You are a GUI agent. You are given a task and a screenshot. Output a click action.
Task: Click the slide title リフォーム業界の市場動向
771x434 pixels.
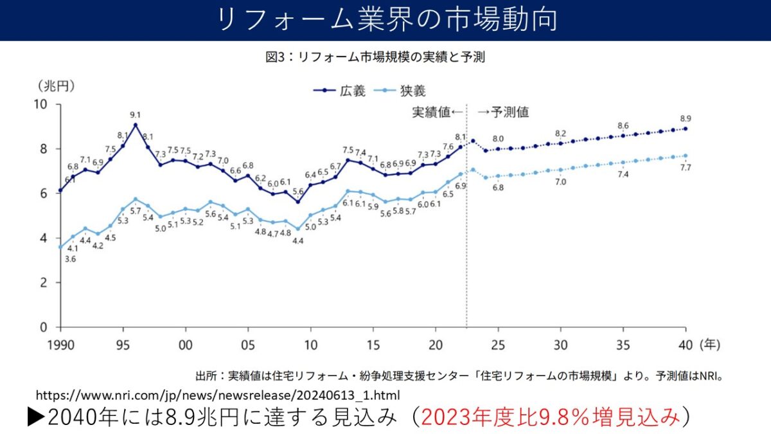(x=386, y=20)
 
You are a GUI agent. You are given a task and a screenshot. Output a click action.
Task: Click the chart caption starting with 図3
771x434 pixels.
(x=375, y=58)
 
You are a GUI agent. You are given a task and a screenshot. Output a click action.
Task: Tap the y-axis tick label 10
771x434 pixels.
(x=40, y=104)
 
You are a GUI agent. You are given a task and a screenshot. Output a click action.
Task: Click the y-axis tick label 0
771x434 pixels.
(x=44, y=327)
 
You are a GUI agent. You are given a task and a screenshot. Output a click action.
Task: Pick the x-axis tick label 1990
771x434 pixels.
(x=60, y=344)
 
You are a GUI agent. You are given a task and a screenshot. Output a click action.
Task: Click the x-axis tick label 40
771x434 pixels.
(x=686, y=344)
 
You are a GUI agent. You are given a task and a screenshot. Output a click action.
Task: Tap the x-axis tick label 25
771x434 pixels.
(x=499, y=344)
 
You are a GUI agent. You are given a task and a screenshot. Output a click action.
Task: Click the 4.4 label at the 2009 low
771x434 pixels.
(x=297, y=240)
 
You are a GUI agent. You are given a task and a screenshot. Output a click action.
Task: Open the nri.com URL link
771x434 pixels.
(x=218, y=394)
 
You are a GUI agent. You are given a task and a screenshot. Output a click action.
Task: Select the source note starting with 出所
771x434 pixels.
(x=459, y=375)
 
